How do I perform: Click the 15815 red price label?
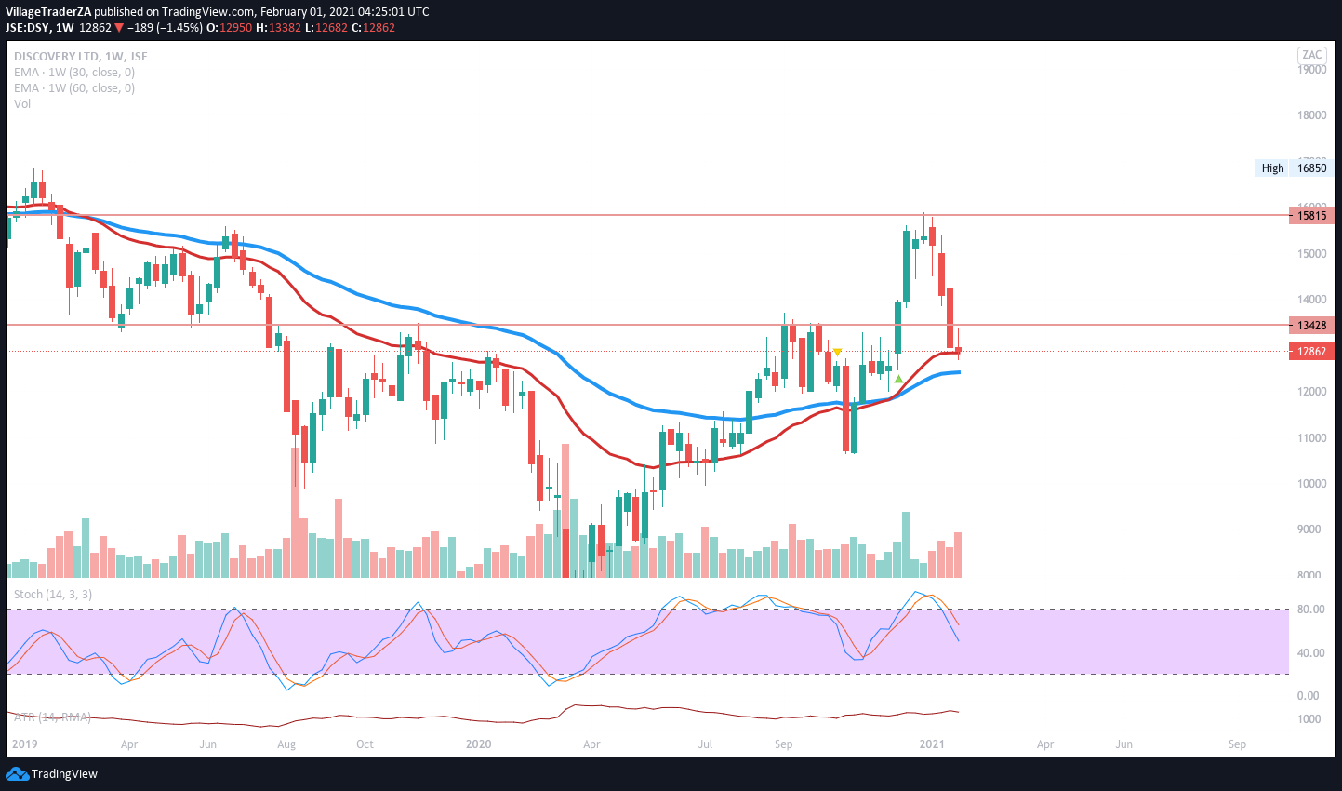pyautogui.click(x=1311, y=216)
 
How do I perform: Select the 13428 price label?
pyautogui.click(x=1311, y=326)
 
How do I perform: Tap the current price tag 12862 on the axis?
pyautogui.click(x=1311, y=352)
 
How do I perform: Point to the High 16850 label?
pyautogui.click(x=1294, y=168)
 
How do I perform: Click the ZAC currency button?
pyautogui.click(x=1311, y=55)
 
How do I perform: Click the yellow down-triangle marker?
pyautogui.click(x=838, y=353)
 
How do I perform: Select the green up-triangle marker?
pyautogui.click(x=898, y=379)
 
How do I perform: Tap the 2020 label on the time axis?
pyautogui.click(x=478, y=744)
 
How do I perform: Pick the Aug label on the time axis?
pyautogui.click(x=286, y=744)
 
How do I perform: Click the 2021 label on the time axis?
pyautogui.click(x=932, y=744)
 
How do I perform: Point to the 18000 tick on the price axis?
pyautogui.click(x=1311, y=115)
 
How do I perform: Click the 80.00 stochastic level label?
pyautogui.click(x=1309, y=610)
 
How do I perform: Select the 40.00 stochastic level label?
pyautogui.click(x=1309, y=653)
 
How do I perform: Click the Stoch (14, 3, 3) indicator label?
pyautogui.click(x=53, y=595)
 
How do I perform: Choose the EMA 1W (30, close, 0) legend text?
pyautogui.click(x=74, y=73)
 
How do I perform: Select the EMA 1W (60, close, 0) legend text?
pyautogui.click(x=74, y=88)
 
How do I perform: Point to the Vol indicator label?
pyautogui.click(x=22, y=104)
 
